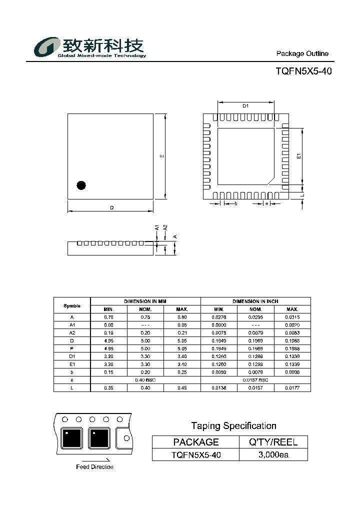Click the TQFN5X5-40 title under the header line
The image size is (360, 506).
click(303, 71)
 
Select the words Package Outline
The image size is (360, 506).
click(302, 53)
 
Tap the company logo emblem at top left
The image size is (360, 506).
click(46, 48)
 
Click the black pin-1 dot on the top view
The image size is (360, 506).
click(81, 185)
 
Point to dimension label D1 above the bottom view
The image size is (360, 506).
click(245, 105)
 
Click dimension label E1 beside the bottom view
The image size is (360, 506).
click(298, 156)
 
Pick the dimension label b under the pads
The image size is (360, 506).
click(235, 203)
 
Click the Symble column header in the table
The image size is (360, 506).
click(72, 305)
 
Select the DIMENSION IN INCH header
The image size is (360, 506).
click(255, 301)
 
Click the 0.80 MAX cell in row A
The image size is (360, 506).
click(182, 317)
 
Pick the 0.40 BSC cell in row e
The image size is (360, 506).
click(145, 380)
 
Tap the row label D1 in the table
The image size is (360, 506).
click(72, 356)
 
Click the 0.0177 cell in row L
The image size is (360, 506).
click(292, 388)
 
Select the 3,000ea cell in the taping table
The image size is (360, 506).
click(273, 454)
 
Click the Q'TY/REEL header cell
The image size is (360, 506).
click(273, 442)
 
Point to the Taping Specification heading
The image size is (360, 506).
click(233, 426)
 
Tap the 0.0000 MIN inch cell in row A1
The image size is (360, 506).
click(219, 324)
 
